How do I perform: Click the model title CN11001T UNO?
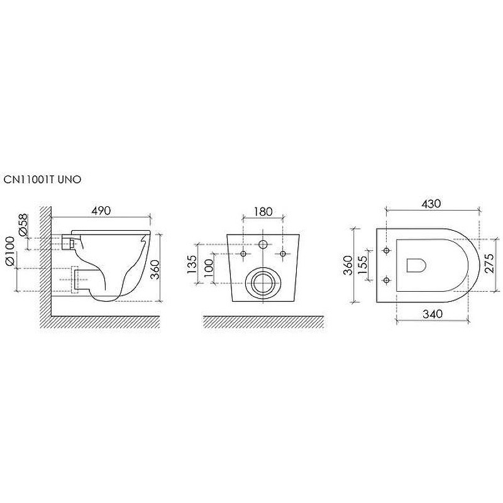42,180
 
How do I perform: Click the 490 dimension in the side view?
101,211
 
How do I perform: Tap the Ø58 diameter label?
23,226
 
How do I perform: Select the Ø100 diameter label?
10,250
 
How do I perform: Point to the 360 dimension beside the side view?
155,270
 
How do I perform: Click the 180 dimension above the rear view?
263,212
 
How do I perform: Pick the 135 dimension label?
192,264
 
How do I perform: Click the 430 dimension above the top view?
431,204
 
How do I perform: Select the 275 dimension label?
489,263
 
